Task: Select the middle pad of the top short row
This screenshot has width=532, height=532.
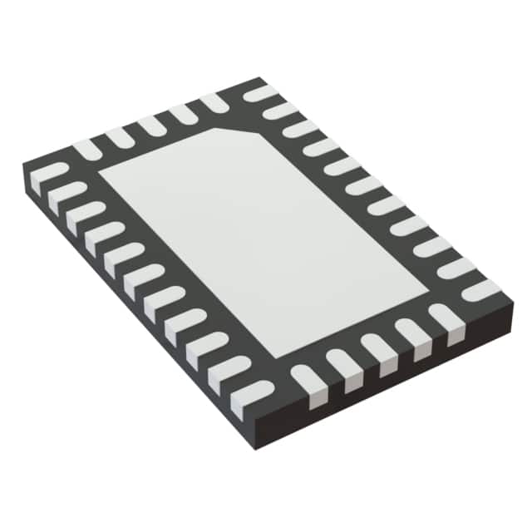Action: [x=150, y=125]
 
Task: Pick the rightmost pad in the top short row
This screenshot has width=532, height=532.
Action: [x=214, y=101]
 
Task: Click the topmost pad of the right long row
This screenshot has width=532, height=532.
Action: [x=261, y=93]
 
